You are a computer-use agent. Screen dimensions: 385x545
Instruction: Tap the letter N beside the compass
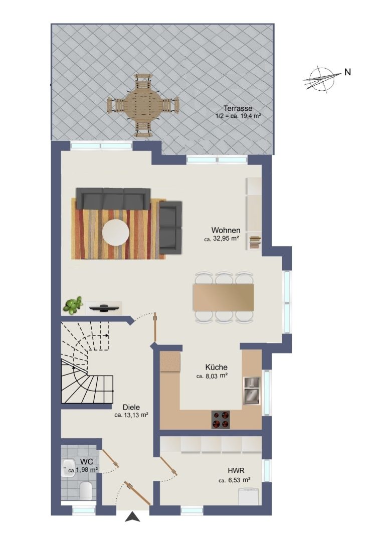(347, 72)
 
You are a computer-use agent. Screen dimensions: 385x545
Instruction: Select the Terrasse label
(238, 108)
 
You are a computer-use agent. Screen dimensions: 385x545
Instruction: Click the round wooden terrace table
(143, 104)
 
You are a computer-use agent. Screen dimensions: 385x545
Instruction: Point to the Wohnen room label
(226, 230)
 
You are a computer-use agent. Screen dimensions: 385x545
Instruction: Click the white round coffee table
(116, 232)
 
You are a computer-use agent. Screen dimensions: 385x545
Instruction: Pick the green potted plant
(73, 305)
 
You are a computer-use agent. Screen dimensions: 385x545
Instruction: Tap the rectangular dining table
(224, 297)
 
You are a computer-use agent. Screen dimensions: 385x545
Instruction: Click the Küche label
(216, 367)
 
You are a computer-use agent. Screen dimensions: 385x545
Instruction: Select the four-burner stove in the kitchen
(221, 419)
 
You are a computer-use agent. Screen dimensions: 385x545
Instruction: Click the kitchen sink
(252, 391)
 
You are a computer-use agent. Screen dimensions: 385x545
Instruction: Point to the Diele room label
(131, 407)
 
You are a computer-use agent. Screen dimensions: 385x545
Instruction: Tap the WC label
(86, 462)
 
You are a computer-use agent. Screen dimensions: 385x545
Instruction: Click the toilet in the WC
(86, 491)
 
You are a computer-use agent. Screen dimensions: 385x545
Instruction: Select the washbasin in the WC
(69, 468)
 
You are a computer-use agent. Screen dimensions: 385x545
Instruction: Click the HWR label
(236, 471)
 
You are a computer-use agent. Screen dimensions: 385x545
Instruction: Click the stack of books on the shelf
(255, 242)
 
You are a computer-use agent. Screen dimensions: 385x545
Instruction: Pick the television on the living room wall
(104, 307)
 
